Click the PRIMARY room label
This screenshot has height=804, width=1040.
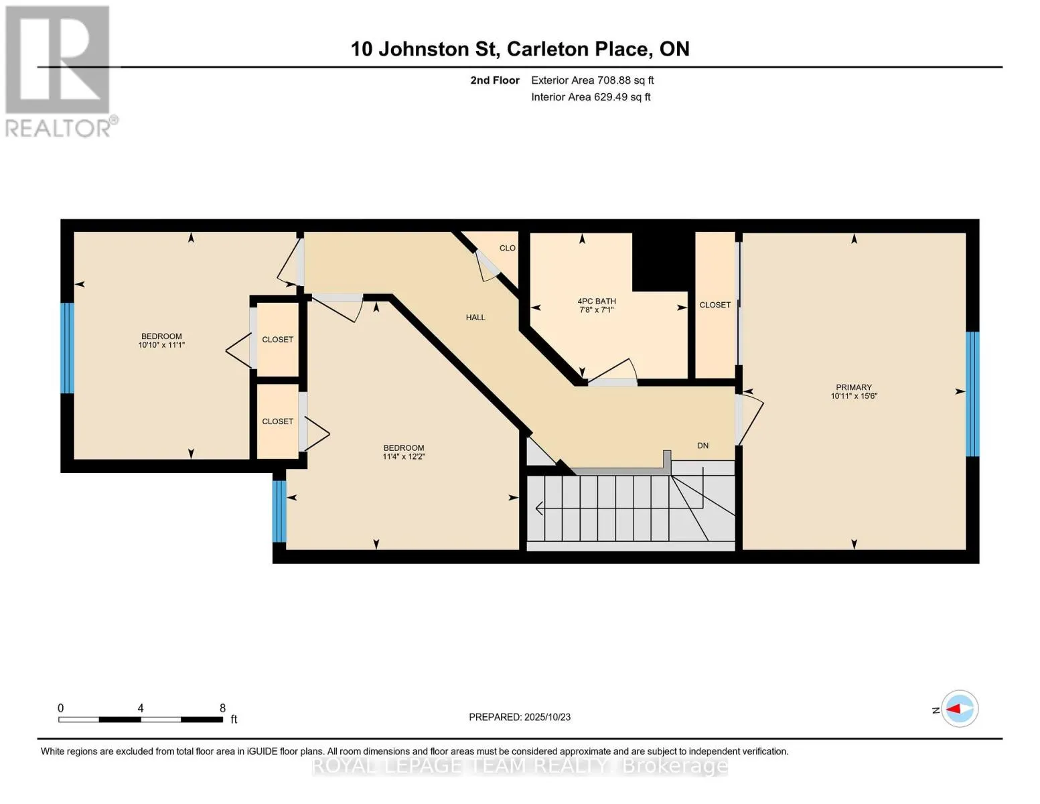pyautogui.click(x=853, y=387)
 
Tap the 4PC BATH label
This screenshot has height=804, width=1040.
pyautogui.click(x=596, y=301)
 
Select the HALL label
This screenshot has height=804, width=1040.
pyautogui.click(x=475, y=318)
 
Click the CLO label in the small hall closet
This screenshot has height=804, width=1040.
pyautogui.click(x=507, y=248)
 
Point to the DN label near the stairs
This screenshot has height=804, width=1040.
pyautogui.click(x=702, y=446)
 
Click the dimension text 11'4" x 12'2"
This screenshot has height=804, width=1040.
pyautogui.click(x=404, y=457)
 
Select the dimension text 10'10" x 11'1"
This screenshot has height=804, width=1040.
pyautogui.click(x=161, y=345)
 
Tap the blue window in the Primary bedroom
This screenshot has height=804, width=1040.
pyautogui.click(x=972, y=394)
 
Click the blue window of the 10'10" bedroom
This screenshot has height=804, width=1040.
pyautogui.click(x=67, y=348)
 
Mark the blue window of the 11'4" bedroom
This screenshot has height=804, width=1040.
pyautogui.click(x=279, y=511)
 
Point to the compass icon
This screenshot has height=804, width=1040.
pyautogui.click(x=960, y=709)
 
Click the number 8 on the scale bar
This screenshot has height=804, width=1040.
pyautogui.click(x=222, y=708)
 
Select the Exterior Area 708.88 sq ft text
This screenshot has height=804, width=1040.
pyautogui.click(x=592, y=80)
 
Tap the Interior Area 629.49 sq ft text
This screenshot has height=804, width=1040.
pyautogui.click(x=591, y=97)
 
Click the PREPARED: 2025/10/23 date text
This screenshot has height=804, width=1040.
pyautogui.click(x=520, y=717)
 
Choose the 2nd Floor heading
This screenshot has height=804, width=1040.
pyautogui.click(x=495, y=80)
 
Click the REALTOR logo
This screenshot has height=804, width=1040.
pyautogui.click(x=59, y=70)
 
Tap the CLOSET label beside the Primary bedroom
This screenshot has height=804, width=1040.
pyautogui.click(x=715, y=305)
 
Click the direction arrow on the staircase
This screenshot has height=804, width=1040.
pyautogui.click(x=540, y=509)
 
